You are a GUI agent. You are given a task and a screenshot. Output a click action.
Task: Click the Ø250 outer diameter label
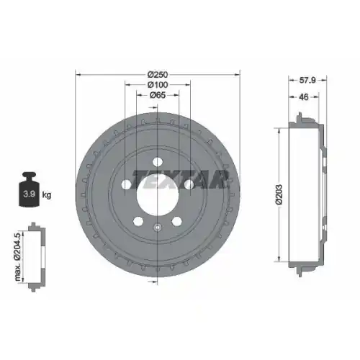pyautogui.click(x=158, y=74)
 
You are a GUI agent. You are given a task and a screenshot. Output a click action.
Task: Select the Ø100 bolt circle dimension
pyautogui.click(x=158, y=85)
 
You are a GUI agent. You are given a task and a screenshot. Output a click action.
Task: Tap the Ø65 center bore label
pyautogui.click(x=158, y=96)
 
